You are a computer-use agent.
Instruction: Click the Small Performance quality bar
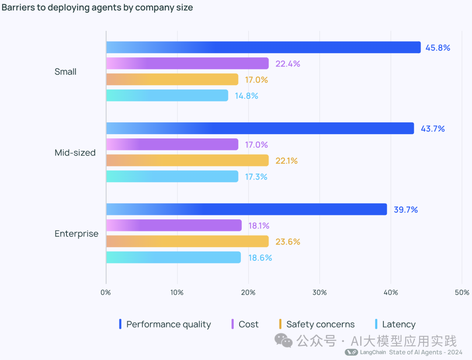[263, 47]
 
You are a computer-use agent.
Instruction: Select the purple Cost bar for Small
[187, 63]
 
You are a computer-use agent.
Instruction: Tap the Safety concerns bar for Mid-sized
[187, 160]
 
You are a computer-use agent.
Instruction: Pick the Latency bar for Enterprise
[173, 257]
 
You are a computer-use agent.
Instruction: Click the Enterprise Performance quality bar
[246, 209]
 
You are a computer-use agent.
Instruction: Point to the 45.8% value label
[437, 48]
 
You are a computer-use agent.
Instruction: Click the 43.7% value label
[433, 128]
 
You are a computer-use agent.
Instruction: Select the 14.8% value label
[246, 96]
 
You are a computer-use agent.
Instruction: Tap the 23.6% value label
[288, 242]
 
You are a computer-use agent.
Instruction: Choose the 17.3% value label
[256, 177]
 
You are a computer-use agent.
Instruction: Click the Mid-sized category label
[75, 153]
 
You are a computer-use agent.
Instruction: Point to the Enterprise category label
[76, 234]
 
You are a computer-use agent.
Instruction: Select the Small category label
[66, 72]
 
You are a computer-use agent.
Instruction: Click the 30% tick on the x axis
[319, 292]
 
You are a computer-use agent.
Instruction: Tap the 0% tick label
[106, 292]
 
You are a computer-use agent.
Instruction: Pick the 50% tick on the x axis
[462, 292]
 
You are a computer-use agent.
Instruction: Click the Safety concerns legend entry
[320, 324]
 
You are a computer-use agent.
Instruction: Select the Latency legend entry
[398, 324]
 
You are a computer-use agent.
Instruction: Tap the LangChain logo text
[373, 352]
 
